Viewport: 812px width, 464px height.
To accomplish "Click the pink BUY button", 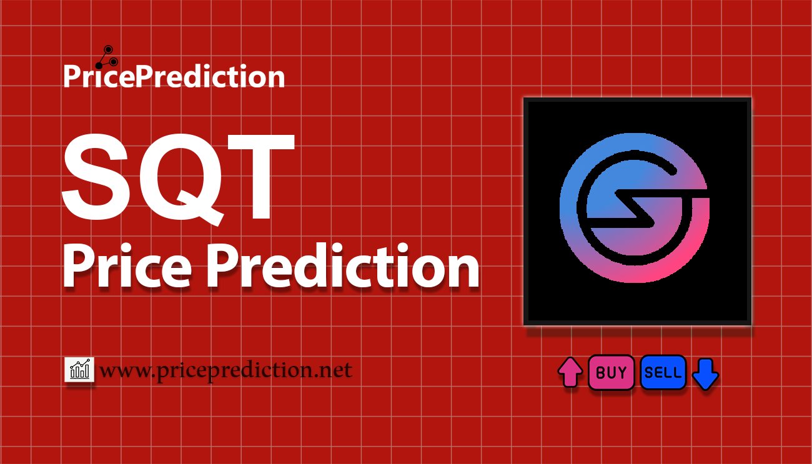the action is (611, 372).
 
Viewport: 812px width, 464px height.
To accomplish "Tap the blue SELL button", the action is (663, 372).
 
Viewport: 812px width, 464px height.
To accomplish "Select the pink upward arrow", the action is (570, 372).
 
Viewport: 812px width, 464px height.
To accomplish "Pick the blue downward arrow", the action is (705, 374).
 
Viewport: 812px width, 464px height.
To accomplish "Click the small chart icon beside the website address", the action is (79, 369).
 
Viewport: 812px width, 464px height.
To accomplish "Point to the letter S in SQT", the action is (96, 177).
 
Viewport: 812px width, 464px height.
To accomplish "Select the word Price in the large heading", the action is (127, 265).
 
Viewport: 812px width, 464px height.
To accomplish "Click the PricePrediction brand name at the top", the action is (174, 76).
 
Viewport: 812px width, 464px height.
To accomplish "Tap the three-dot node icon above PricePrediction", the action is (107, 57).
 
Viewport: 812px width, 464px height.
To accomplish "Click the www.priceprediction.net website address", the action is (225, 370).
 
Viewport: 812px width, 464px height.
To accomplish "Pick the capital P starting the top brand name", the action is (72, 76).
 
